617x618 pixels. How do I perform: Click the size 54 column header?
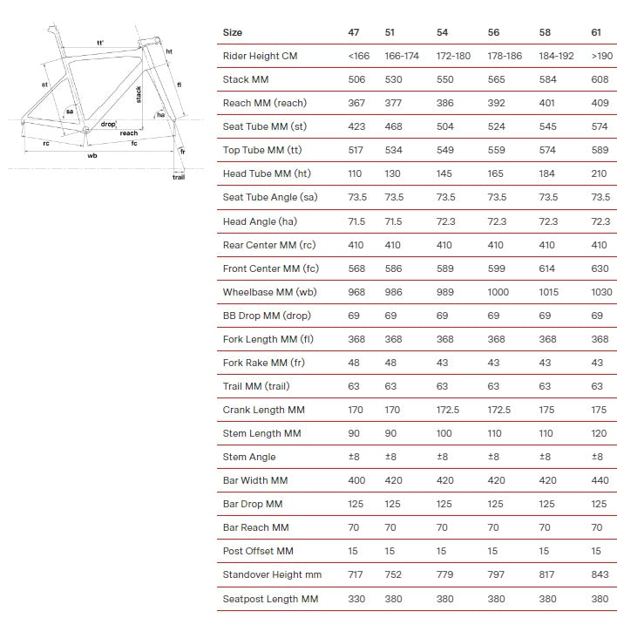[x=443, y=32]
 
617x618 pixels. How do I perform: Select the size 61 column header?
[x=596, y=32]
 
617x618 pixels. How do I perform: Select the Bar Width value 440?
[x=600, y=480]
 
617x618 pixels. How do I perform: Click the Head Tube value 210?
[x=599, y=173]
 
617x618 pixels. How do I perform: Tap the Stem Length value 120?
[x=599, y=433]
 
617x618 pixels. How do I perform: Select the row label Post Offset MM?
[x=258, y=551]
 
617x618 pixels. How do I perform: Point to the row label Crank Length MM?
[x=263, y=410]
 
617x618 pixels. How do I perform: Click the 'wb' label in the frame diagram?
[x=92, y=157]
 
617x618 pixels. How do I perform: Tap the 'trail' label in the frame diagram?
[x=178, y=178]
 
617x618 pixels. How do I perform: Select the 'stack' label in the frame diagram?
[x=139, y=94]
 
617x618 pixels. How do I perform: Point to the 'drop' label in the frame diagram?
[x=107, y=125]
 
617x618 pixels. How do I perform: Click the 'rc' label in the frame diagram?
[x=45, y=143]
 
